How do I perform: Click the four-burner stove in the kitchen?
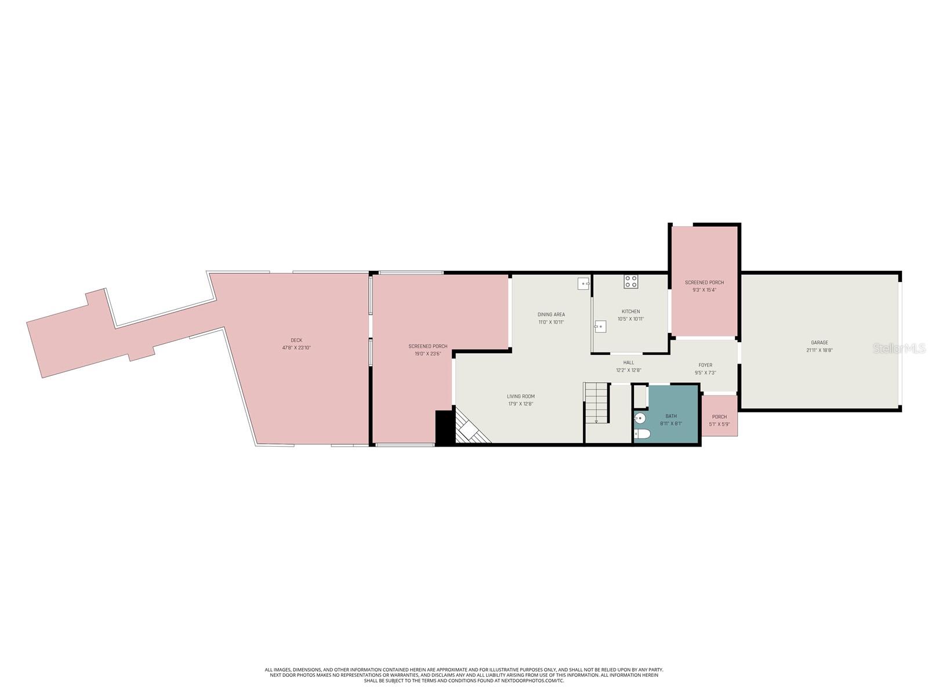(x=631, y=282)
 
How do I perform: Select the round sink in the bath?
(x=640, y=418)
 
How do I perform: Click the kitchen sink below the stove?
(x=600, y=327)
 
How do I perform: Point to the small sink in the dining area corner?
(x=583, y=283)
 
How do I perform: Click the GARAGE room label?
(x=820, y=343)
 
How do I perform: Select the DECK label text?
(x=296, y=340)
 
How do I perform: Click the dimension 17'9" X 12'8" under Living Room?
(x=520, y=404)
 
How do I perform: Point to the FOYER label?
(x=705, y=365)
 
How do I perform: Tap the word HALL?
(x=629, y=362)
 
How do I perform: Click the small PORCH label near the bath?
(x=719, y=416)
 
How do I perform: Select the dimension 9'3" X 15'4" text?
(x=704, y=290)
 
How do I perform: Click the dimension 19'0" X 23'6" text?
(x=427, y=353)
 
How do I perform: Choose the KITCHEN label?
(x=631, y=311)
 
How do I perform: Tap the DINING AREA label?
(x=551, y=314)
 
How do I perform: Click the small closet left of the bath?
(x=639, y=397)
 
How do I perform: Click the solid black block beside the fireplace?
(x=444, y=427)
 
